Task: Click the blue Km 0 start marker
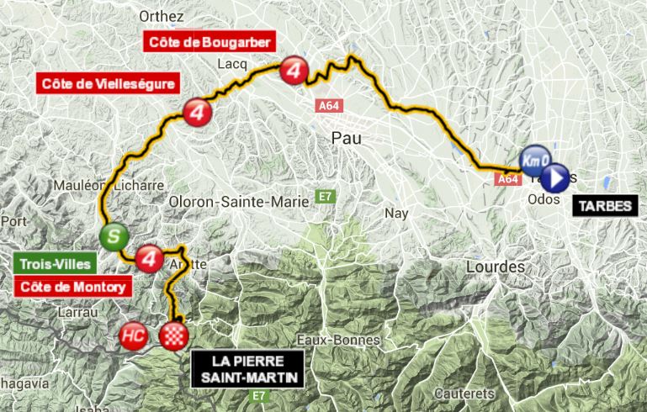pyautogui.click(x=536, y=158)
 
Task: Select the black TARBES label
pyautogui.click(x=603, y=206)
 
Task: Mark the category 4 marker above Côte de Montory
pyautogui.click(x=149, y=256)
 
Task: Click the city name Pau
pyautogui.click(x=347, y=137)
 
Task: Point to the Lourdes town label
pyautogui.click(x=494, y=267)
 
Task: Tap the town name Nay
pyautogui.click(x=395, y=214)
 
